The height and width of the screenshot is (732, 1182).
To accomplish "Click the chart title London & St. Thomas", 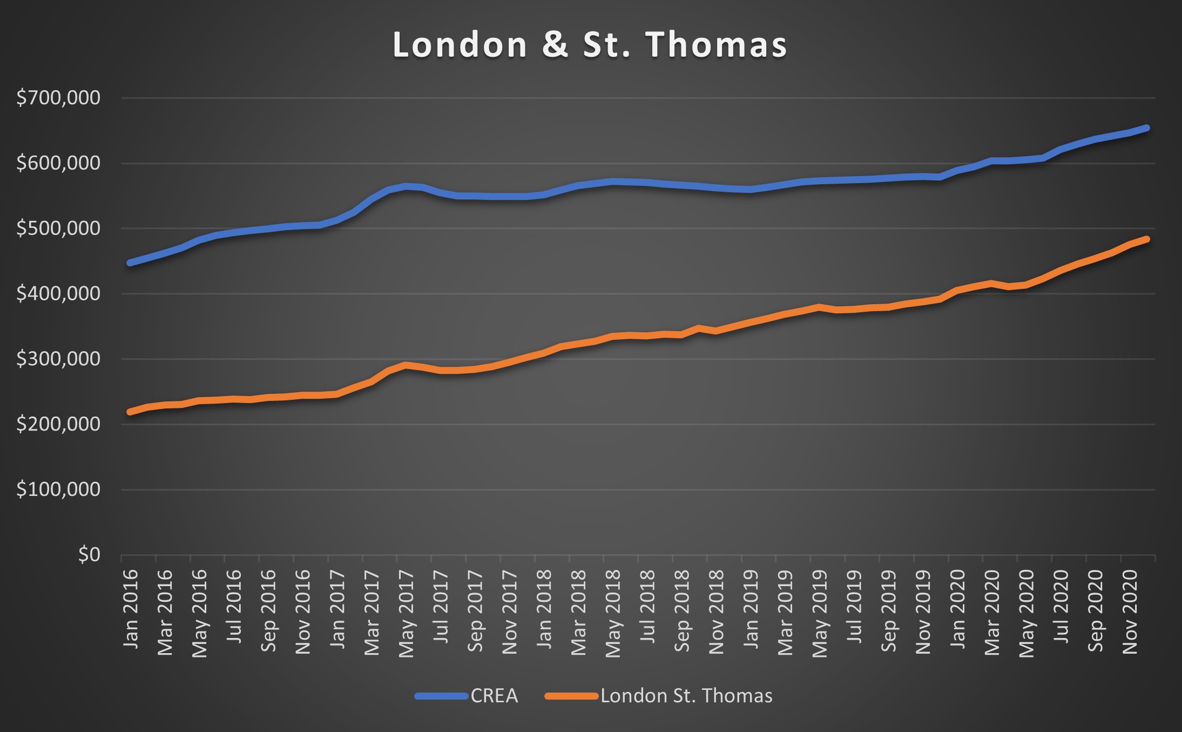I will tap(590, 44).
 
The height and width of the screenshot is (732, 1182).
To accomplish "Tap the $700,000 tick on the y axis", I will tap(58, 98).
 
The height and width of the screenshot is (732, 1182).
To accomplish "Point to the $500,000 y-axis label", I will tap(58, 229).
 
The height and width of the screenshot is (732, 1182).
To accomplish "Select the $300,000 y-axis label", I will tap(58, 359).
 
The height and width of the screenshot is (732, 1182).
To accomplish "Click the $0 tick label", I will tap(89, 555).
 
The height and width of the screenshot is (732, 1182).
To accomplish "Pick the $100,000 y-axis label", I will tap(58, 489).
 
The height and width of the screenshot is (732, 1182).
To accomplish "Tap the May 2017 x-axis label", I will tap(407, 613).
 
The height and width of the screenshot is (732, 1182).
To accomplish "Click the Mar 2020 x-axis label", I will tap(992, 612).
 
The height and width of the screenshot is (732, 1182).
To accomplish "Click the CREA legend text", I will tap(494, 696).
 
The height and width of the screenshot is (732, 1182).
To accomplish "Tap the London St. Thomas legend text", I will tap(686, 696).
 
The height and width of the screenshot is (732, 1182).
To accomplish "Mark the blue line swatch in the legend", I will tap(441, 696).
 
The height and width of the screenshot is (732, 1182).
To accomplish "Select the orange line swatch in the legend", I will tap(571, 696).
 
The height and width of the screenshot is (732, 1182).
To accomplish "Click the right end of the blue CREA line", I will tap(1147, 128).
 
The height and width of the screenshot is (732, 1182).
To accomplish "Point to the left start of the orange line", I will tap(130, 412).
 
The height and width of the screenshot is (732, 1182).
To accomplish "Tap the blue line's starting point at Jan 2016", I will tap(130, 263).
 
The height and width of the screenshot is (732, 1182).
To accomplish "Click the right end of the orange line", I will tap(1147, 239).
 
